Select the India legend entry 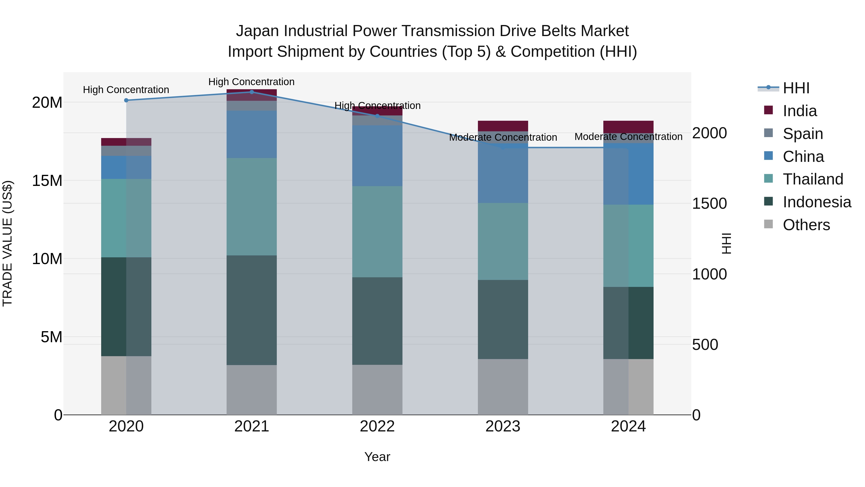click(799, 111)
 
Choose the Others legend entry click(806, 225)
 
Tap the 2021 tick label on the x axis click(252, 426)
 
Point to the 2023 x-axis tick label click(503, 426)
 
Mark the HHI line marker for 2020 click(126, 100)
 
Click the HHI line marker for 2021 click(252, 92)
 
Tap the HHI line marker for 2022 click(377, 116)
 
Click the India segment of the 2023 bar click(503, 126)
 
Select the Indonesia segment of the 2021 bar click(252, 310)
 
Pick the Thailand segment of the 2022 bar click(377, 232)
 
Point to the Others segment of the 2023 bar click(503, 386)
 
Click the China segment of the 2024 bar click(628, 174)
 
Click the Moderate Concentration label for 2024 click(628, 137)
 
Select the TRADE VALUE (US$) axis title click(7, 243)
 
